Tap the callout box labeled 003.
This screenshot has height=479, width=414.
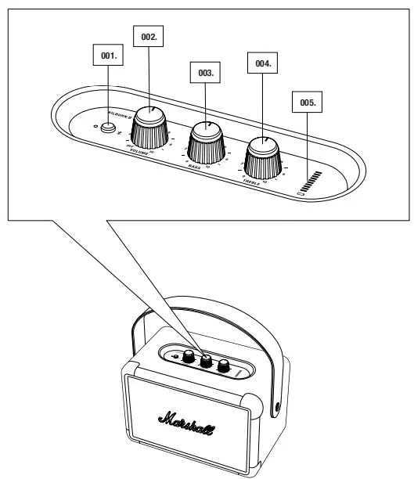click(206, 72)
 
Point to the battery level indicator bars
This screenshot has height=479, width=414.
click(313, 181)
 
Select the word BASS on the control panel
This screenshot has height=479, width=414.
click(195, 165)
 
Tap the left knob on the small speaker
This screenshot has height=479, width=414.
click(189, 355)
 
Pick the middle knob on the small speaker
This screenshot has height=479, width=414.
click(207, 361)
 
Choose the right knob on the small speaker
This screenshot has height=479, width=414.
click(224, 364)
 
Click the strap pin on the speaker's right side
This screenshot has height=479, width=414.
click(279, 408)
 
